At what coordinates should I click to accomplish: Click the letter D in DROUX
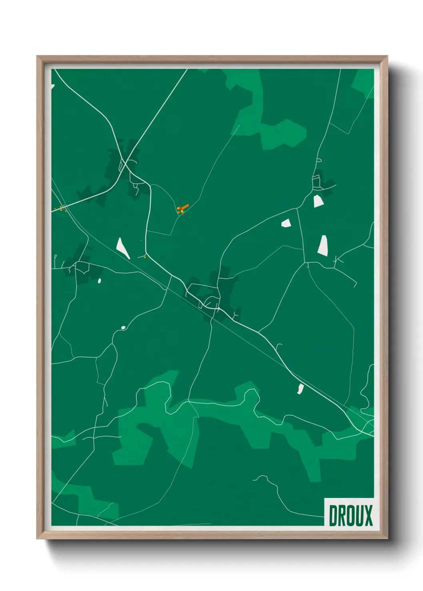(x=333, y=516)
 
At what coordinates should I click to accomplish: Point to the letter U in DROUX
(x=359, y=516)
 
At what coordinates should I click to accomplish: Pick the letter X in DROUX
(x=368, y=516)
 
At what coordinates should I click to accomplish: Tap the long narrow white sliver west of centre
(x=122, y=248)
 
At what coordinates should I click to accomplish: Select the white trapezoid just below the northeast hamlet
(x=318, y=201)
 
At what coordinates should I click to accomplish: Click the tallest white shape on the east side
(x=323, y=245)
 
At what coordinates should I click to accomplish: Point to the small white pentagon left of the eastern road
(x=286, y=223)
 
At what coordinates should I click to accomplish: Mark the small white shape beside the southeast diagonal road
(x=300, y=389)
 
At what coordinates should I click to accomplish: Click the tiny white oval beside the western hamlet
(x=99, y=281)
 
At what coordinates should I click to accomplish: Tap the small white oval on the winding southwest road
(x=123, y=328)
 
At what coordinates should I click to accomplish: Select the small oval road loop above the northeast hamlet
(x=319, y=161)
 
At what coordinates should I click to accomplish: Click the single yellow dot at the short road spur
(x=145, y=258)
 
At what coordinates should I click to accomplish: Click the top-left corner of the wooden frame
(x=37, y=56)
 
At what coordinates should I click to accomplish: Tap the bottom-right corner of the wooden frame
(x=387, y=539)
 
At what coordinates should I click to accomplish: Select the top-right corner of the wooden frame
(x=387, y=56)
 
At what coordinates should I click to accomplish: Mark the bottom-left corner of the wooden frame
(x=37, y=539)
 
